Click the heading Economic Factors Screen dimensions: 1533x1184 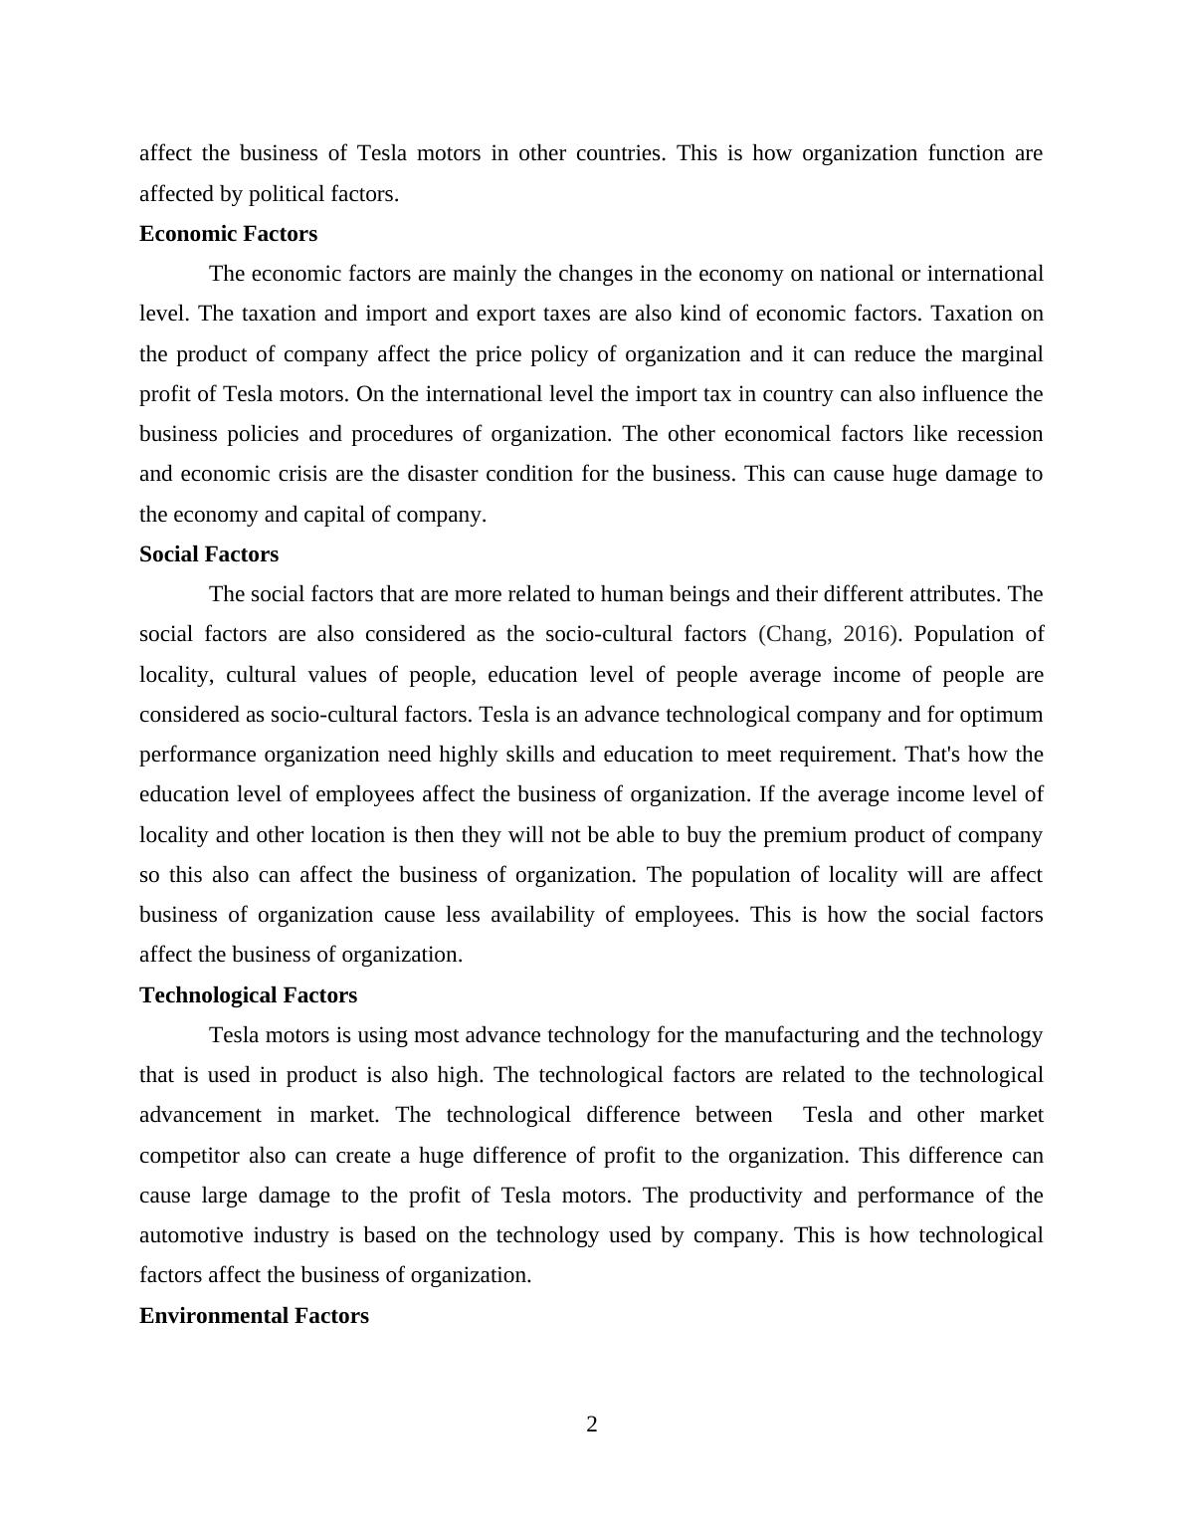point(228,234)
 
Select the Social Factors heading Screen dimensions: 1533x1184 point(209,554)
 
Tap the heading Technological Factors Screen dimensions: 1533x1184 point(248,995)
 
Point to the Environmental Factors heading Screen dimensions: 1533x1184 point(254,1316)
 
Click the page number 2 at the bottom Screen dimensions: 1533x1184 point(592,1424)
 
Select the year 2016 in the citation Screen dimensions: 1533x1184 point(866,634)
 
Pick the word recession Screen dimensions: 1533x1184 point(999,434)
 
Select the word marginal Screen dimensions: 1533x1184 point(999,354)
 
